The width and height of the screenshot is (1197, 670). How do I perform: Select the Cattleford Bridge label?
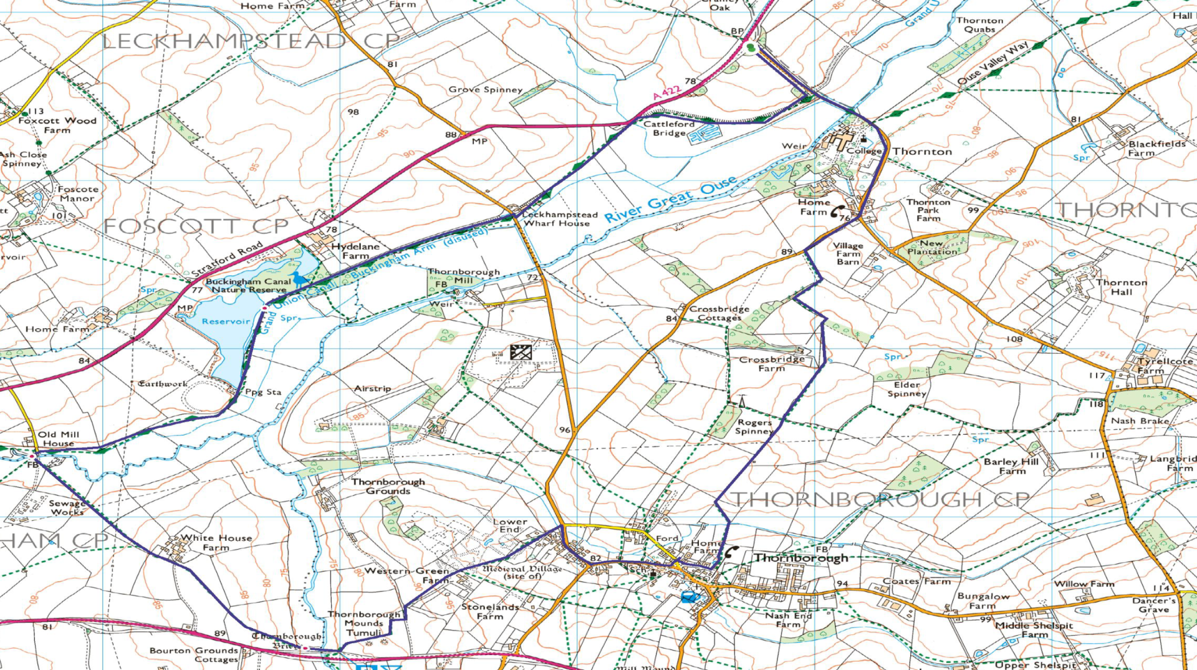669,129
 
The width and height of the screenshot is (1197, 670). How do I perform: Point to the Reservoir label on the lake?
226,321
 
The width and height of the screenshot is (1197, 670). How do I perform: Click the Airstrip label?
372,388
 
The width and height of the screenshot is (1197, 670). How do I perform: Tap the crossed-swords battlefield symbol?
521,352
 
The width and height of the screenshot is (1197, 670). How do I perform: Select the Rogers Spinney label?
754,427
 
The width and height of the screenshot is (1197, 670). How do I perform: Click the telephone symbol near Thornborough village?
732,551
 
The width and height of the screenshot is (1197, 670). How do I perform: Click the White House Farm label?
216,542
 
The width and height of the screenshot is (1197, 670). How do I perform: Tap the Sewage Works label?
67,507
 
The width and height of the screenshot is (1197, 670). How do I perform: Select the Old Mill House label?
59,439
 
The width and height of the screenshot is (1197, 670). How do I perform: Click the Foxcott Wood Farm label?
57,125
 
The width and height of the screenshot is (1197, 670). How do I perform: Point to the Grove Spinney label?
485,89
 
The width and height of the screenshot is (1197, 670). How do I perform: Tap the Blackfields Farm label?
1156,148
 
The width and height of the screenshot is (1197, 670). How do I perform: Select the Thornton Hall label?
1122,287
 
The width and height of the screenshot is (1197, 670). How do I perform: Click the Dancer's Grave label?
1154,604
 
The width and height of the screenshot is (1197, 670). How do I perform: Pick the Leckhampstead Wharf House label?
559,218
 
